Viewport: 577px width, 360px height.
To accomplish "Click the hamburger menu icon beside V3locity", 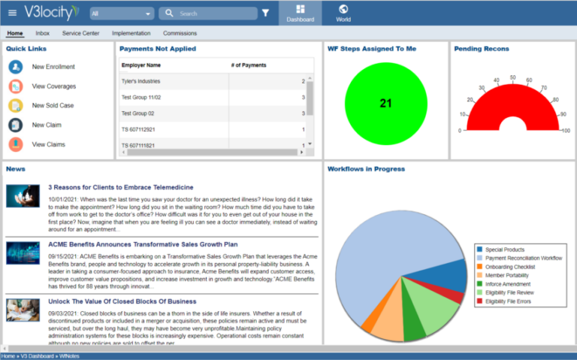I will pyautogui.click(x=12, y=13).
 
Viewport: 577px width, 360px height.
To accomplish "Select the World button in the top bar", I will pyautogui.click(x=343, y=13).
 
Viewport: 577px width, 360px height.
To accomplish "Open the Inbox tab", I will pyautogui.click(x=43, y=34).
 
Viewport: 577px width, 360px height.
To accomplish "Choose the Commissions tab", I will pyautogui.click(x=180, y=34).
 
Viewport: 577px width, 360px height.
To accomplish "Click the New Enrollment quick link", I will pyautogui.click(x=53, y=67).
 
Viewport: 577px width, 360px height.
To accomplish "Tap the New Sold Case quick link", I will pyautogui.click(x=53, y=106).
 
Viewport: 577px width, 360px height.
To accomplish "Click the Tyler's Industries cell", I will pyautogui.click(x=141, y=81).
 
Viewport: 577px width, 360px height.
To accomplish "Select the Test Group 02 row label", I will pyautogui.click(x=137, y=113).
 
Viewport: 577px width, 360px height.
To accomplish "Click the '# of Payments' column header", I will pyautogui.click(x=248, y=65).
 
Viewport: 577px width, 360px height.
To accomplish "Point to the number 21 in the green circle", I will pyautogui.click(x=385, y=104).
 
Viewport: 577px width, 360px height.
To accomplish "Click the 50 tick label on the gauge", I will pyautogui.click(x=512, y=77).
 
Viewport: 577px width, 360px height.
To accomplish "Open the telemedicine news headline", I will pyautogui.click(x=121, y=187).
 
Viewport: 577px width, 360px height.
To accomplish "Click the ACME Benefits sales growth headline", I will pyautogui.click(x=143, y=244).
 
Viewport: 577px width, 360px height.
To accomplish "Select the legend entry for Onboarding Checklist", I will pyautogui.click(x=510, y=267).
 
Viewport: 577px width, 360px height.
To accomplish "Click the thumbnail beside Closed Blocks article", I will pyautogui.click(x=23, y=310).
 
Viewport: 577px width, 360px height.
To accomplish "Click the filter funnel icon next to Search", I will pyautogui.click(x=265, y=14).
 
